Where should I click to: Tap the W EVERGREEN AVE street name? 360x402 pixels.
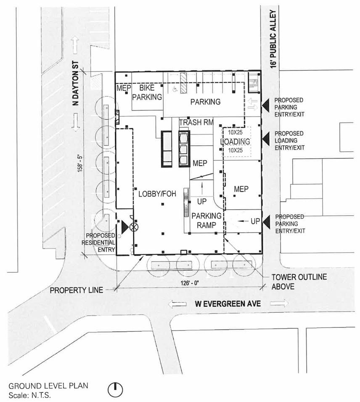(x=228, y=304)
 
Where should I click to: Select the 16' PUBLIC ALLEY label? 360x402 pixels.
(x=274, y=39)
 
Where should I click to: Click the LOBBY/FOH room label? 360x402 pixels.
(x=157, y=194)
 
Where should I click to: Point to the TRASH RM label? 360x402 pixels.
(x=196, y=122)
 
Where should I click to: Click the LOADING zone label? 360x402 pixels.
(x=235, y=141)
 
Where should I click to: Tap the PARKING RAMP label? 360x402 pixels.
(x=206, y=221)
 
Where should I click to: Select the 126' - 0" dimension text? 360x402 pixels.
(x=190, y=283)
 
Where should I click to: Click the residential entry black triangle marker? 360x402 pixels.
(x=124, y=226)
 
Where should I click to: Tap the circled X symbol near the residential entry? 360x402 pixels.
(x=134, y=226)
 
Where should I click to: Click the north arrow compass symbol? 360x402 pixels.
(x=115, y=390)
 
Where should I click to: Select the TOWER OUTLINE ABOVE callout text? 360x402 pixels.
(x=299, y=282)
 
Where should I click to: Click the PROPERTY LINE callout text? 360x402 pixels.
(x=77, y=290)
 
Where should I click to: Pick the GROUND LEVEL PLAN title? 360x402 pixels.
(x=48, y=386)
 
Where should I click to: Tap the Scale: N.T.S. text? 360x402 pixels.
(x=30, y=395)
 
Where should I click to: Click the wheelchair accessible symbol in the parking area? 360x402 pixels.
(x=175, y=89)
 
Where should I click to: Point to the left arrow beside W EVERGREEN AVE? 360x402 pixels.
(x=177, y=304)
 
